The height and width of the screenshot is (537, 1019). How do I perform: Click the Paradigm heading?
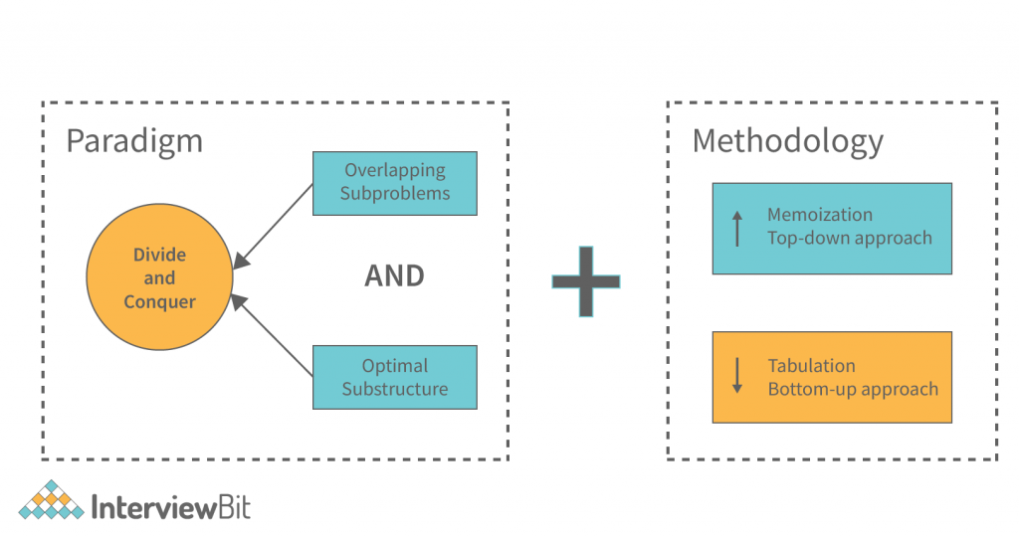coord(134,140)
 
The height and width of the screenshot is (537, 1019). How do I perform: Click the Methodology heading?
coord(787,140)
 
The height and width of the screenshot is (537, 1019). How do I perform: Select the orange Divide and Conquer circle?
coord(159,277)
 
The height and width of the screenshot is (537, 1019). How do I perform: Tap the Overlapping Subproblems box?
coord(395,183)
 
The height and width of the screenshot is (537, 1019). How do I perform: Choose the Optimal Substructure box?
coord(395,377)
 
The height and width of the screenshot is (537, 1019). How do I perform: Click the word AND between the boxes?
coord(394,275)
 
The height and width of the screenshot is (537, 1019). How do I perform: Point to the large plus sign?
coord(586,280)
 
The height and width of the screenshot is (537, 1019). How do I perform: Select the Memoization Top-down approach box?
coord(832,228)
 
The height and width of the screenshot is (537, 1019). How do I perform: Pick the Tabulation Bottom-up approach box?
coord(832,377)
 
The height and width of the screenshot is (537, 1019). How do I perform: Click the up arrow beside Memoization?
coord(737,228)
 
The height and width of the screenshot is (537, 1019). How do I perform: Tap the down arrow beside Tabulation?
coord(737,376)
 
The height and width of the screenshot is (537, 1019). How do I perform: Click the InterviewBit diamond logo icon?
coord(51,501)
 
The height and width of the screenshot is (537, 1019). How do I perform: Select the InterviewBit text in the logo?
coord(170,508)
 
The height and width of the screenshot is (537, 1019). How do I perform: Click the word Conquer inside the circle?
coord(159,301)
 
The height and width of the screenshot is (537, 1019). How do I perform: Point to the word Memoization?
coord(819,215)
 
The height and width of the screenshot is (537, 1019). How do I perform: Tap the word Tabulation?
coord(811,365)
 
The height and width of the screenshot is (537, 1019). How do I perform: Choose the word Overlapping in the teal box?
coord(395,170)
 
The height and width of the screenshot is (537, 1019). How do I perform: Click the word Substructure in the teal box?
coord(395,389)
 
